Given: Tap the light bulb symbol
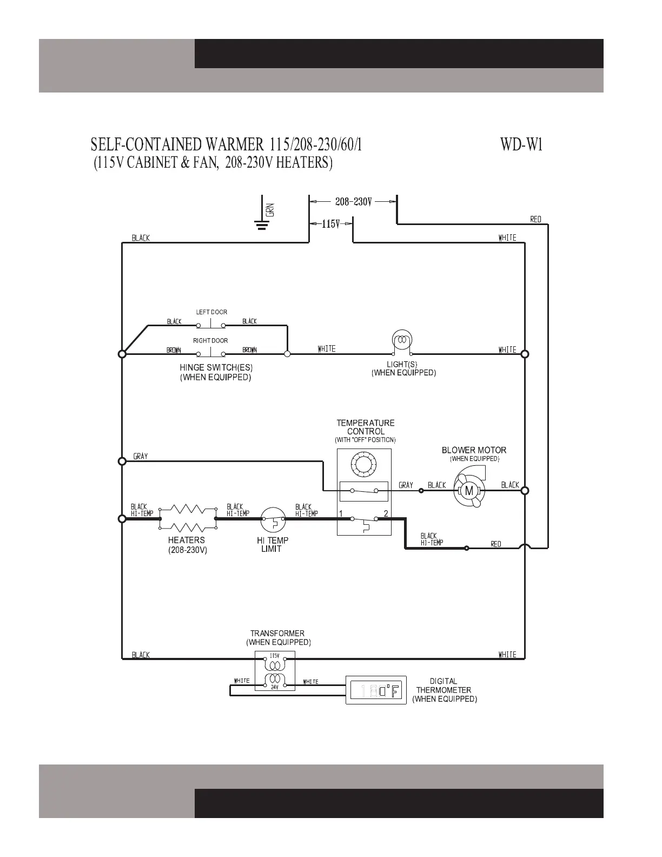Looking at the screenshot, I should [x=401, y=340].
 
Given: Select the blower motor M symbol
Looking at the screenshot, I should [x=469, y=491].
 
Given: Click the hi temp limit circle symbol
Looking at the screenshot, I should [x=273, y=519].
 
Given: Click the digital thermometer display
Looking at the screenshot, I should [x=376, y=690].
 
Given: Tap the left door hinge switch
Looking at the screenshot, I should [x=210, y=325].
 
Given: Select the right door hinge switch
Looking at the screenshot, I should [x=210, y=354].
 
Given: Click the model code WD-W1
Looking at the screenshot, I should [x=521, y=145].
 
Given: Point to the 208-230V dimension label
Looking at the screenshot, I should [x=353, y=202].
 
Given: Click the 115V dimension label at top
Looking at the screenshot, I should [x=330, y=223].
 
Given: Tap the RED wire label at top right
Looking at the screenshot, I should [x=535, y=219].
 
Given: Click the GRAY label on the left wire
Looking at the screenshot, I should [x=141, y=456].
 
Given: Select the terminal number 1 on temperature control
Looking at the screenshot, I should [x=341, y=513].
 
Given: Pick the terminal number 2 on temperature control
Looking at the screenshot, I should [x=386, y=513].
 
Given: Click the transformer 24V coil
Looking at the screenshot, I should [x=275, y=680].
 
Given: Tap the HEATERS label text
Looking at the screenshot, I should [x=186, y=540].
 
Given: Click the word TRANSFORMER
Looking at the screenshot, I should [x=277, y=633].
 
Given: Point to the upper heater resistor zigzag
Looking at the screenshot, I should [x=187, y=509].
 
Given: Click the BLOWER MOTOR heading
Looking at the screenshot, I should [x=474, y=450].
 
